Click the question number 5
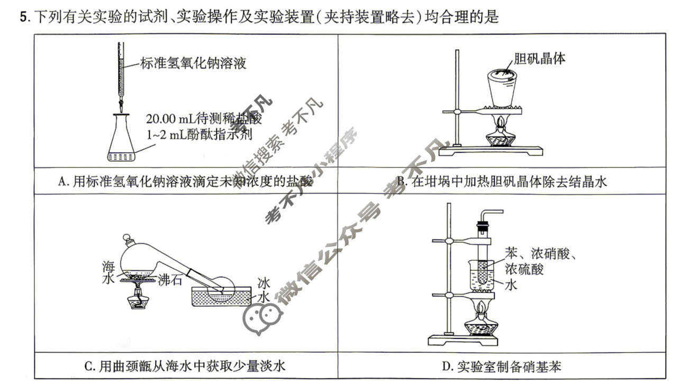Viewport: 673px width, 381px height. click(23, 17)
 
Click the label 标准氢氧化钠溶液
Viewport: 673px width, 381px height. click(193, 64)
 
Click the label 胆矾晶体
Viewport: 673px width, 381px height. click(539, 58)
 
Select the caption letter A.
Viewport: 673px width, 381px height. click(61, 182)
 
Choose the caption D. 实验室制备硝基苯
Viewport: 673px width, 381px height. click(501, 366)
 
